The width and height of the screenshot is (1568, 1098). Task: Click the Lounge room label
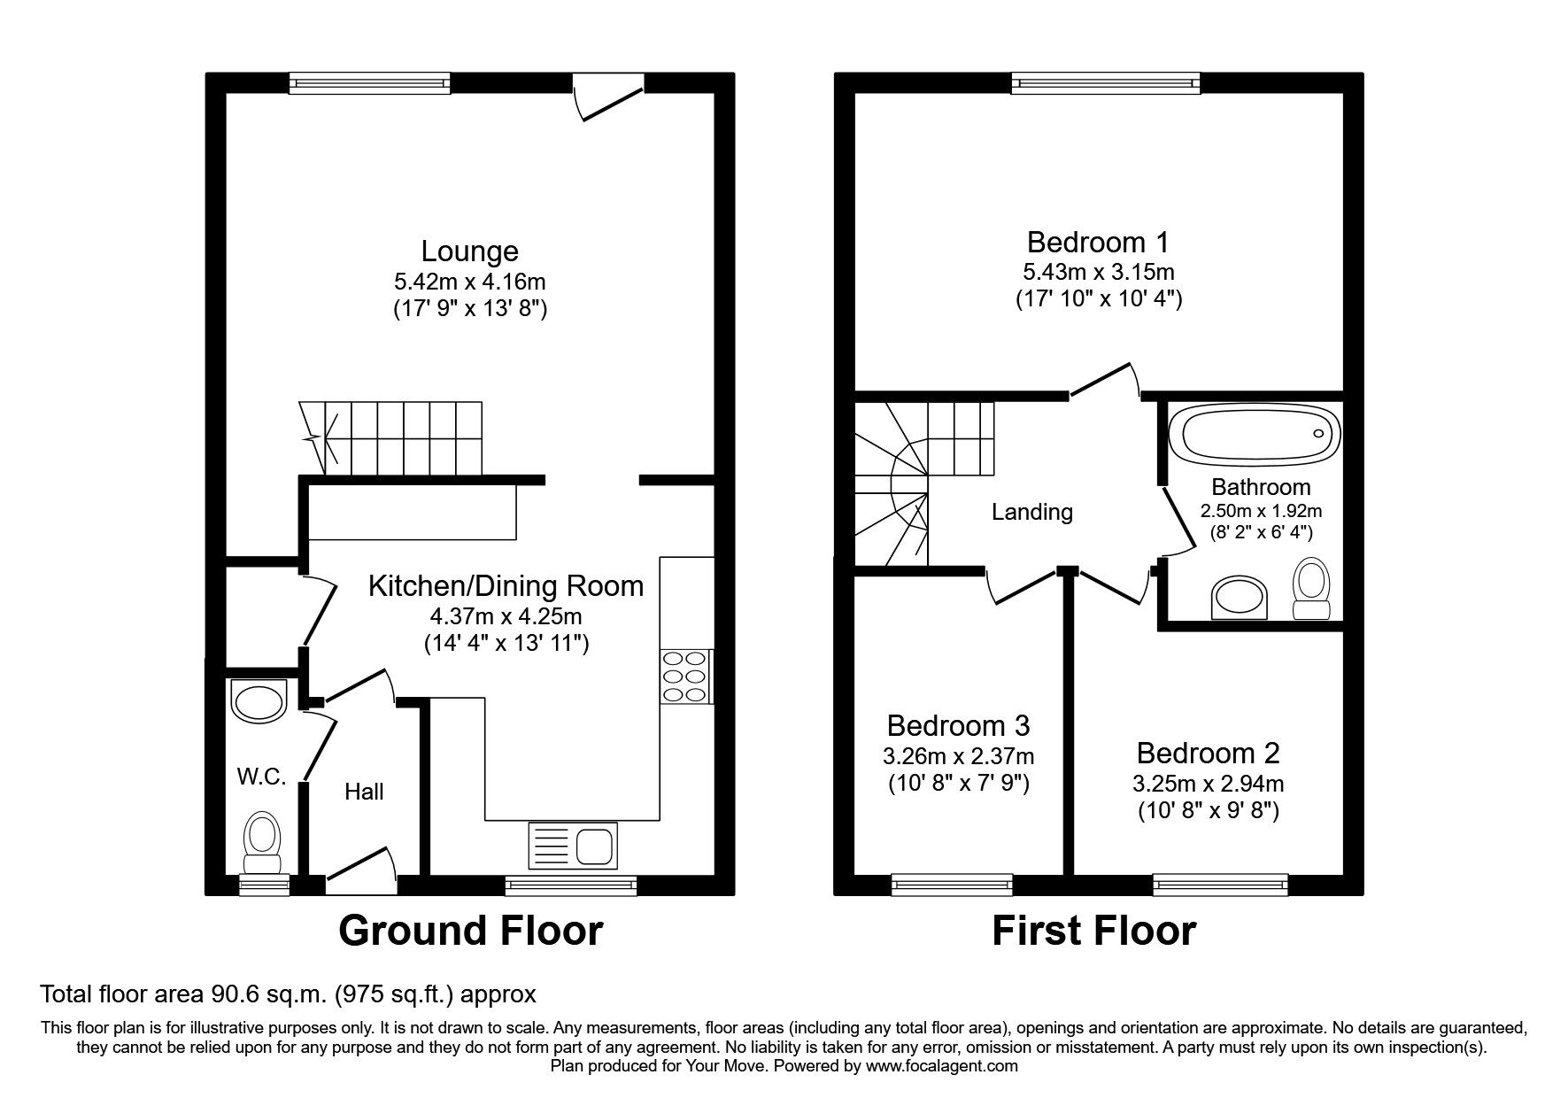469,251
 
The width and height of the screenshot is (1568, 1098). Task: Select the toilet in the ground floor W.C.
262,842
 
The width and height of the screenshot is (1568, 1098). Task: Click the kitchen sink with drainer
572,845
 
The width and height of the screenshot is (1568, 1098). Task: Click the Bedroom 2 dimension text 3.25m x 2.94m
1208,783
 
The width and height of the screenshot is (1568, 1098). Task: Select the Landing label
1031,512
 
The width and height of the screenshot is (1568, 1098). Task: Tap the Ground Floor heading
470,931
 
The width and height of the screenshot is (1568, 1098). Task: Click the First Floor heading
1093,931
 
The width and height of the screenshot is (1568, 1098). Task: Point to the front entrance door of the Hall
359,870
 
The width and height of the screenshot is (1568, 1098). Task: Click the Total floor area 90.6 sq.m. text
289,994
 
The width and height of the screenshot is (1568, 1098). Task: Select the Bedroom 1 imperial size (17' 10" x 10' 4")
1098,298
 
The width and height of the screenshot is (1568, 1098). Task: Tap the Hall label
364,791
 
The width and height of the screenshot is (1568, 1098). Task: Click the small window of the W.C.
265,882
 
